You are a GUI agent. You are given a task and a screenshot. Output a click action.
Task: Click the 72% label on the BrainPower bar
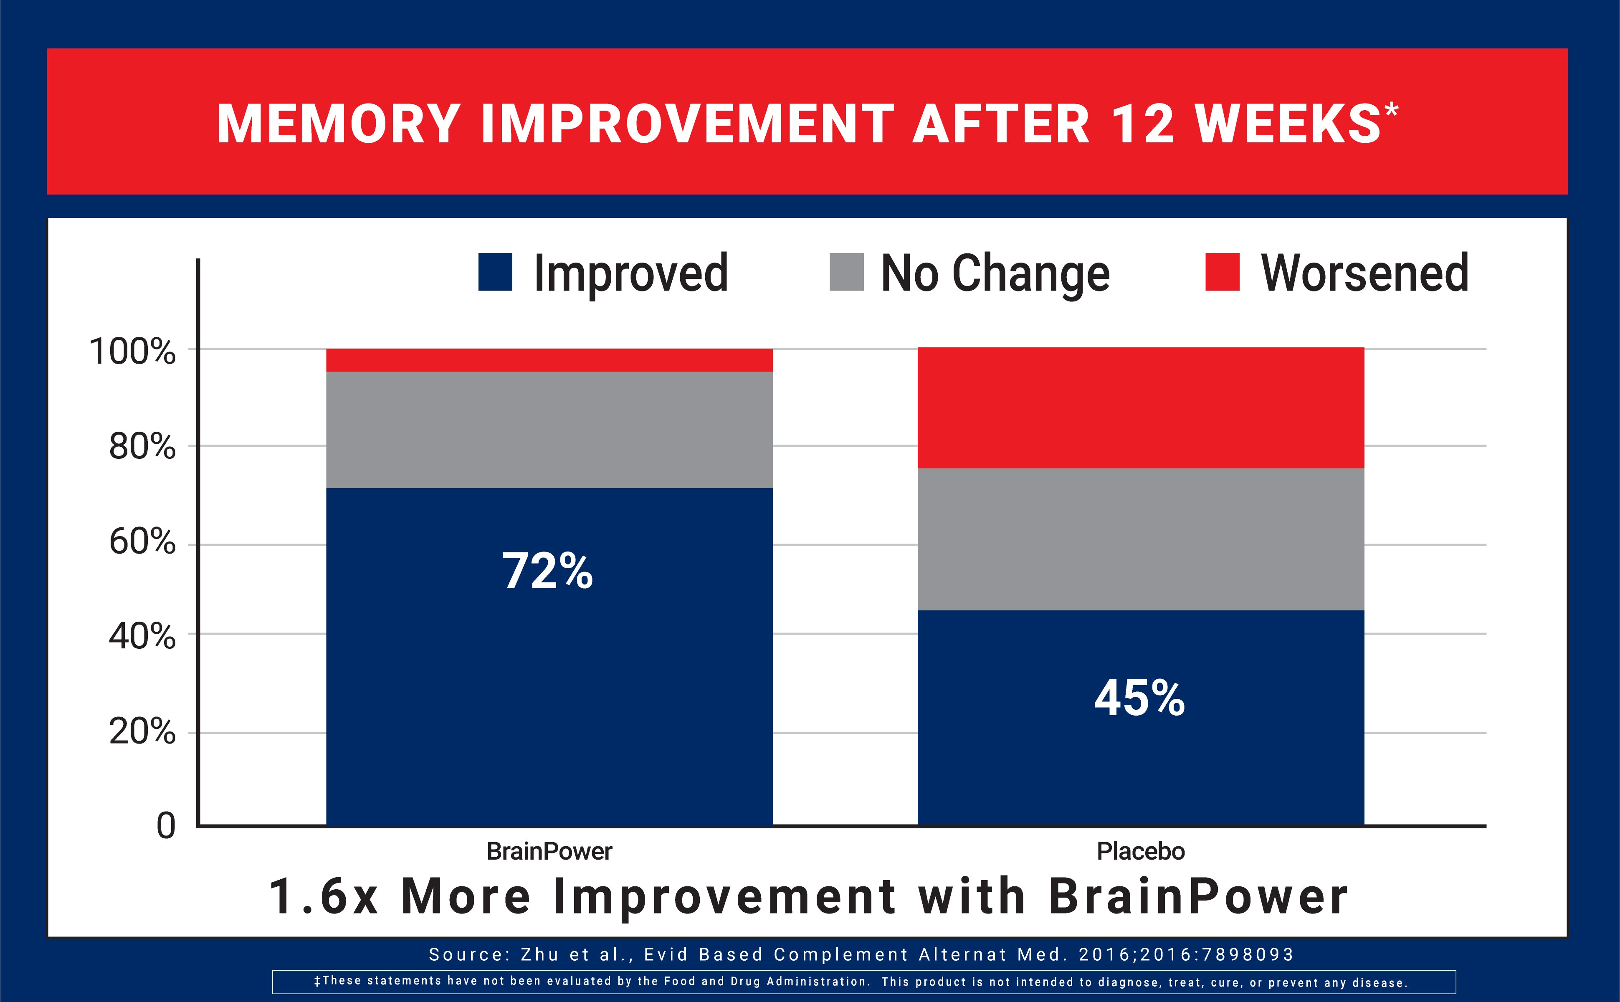547,571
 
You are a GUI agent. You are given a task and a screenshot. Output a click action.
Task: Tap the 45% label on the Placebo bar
1139,698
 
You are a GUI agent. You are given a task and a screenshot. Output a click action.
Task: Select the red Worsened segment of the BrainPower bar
549,360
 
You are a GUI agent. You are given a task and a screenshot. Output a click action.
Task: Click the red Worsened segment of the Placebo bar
1140,407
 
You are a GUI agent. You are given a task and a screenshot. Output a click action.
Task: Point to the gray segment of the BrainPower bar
549,430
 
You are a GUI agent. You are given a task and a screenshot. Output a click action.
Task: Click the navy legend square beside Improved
495,272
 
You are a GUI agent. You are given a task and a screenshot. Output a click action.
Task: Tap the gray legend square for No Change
846,272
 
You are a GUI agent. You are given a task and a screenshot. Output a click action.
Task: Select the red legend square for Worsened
1222,272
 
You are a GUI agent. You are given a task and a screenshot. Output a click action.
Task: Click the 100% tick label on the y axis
132,351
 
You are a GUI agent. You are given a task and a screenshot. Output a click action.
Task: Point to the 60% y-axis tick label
142,541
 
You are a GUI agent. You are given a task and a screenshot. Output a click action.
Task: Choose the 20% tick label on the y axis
142,731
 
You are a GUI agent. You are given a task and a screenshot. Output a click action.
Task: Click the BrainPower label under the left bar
549,851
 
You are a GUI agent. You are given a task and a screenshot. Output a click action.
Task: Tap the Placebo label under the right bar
1140,851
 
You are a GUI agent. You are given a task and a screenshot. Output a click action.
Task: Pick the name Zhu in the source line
539,954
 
